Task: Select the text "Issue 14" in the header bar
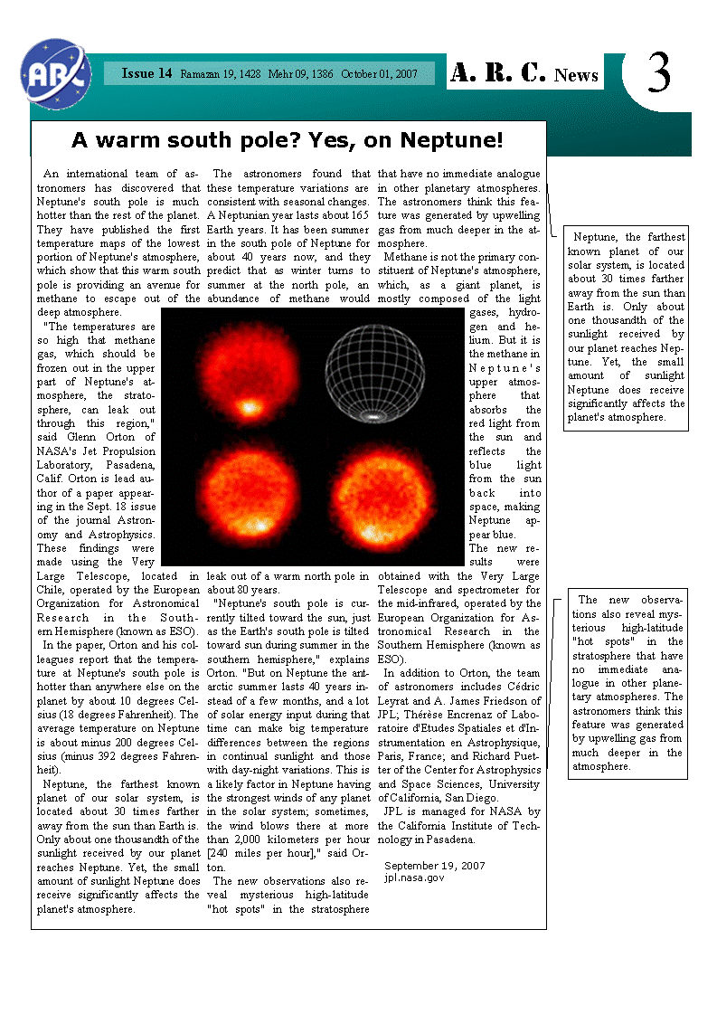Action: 146,73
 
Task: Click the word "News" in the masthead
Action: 577,75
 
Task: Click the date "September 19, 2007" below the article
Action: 435,866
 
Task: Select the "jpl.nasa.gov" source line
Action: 414,877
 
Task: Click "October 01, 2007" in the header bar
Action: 379,73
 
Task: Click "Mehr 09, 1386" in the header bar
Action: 301,73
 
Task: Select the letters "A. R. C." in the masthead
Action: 498,73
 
